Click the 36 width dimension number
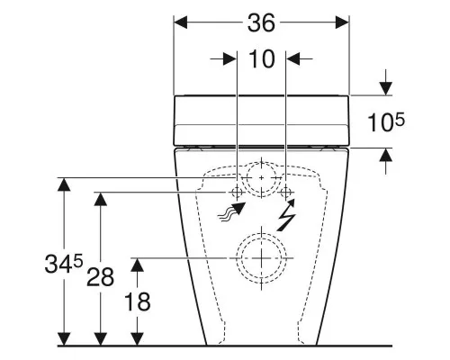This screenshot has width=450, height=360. pos(261,23)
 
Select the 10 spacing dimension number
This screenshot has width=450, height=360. pos(262,58)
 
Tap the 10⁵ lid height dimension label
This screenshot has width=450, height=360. pos(386,121)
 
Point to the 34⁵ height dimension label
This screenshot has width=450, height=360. pos(63,263)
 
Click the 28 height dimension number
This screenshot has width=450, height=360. pos(100,277)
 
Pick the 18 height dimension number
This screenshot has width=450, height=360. pos(137,301)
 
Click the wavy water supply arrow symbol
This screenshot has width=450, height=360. pos(232,211)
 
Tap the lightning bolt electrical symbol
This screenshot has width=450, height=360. pos(286,215)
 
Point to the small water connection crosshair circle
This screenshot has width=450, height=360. pos(237,192)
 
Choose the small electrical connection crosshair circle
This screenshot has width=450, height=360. pos(285,192)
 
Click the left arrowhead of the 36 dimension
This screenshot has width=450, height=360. pos(180,22)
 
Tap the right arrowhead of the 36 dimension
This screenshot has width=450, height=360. pos(342,22)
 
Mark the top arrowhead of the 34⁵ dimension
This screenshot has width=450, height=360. pos(64,184)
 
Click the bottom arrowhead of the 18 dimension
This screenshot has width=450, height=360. pos(137,338)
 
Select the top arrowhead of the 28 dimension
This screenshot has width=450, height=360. pos(100,199)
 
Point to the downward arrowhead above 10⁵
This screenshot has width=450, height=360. pos(386,88)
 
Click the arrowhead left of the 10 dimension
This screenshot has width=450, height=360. pos(230,58)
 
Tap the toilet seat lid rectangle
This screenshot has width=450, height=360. pos(261,121)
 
